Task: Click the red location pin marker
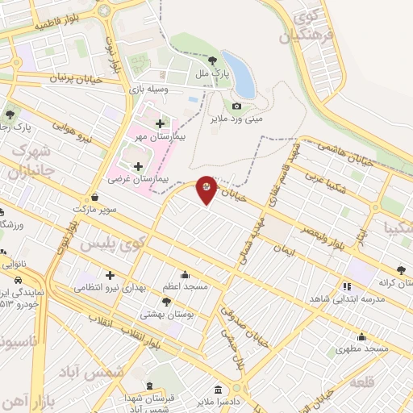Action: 206,189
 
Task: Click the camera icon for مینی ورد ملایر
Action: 236,106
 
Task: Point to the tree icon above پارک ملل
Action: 213,60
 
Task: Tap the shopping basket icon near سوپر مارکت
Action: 95,197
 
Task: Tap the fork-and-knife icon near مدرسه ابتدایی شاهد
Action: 347,286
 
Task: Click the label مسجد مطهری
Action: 362,348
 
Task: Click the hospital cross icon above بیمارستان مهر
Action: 159,123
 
